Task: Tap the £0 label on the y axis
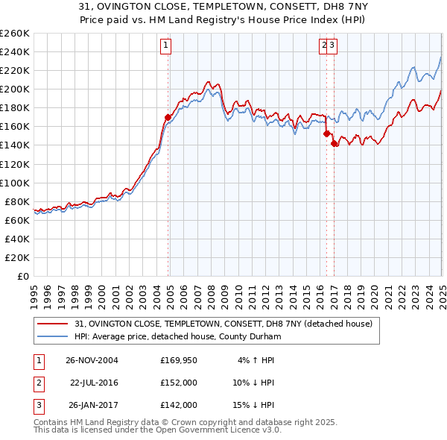(x=22, y=276)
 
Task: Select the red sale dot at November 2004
(x=168, y=117)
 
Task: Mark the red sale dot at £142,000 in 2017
(x=335, y=143)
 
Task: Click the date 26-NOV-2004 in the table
(x=92, y=360)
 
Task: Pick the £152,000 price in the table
(x=179, y=383)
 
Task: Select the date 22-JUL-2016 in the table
(x=94, y=383)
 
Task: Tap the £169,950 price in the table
(x=179, y=360)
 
